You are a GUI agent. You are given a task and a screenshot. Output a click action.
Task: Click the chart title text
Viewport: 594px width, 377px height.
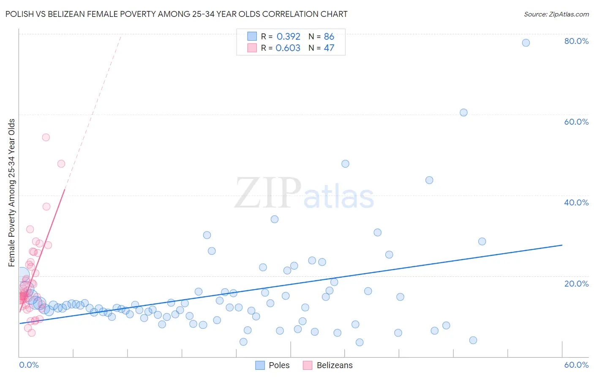[176, 14]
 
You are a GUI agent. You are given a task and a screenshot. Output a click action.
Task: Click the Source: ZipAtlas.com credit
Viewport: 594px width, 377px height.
[556, 14]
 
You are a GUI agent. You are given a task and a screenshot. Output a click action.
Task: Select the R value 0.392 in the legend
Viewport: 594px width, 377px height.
[288, 37]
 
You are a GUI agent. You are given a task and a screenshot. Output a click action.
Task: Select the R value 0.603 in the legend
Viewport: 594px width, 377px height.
[288, 48]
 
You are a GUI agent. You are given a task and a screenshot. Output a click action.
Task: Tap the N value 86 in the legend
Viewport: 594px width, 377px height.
[329, 37]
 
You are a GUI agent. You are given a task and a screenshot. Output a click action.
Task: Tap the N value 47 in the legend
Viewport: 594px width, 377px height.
[329, 48]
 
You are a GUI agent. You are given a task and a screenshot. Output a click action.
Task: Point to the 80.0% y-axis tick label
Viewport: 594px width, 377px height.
[576, 41]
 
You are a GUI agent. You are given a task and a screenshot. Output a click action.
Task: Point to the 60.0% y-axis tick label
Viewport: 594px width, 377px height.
[576, 122]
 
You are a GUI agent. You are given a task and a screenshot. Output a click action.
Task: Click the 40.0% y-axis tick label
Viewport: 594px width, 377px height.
[576, 202]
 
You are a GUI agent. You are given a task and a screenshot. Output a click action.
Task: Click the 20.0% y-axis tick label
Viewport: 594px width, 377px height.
[576, 283]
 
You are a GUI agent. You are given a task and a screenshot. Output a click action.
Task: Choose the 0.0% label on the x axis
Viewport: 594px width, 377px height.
[29, 365]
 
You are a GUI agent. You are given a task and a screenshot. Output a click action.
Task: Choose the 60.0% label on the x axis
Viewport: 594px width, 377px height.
[576, 365]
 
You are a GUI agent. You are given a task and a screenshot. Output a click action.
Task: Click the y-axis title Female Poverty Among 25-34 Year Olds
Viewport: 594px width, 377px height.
[12, 193]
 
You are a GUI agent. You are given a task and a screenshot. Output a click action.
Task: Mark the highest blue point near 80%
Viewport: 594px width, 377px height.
[526, 43]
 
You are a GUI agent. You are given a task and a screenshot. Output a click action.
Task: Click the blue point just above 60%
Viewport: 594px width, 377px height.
[463, 112]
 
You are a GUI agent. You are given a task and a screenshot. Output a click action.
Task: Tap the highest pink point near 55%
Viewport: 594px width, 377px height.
[46, 137]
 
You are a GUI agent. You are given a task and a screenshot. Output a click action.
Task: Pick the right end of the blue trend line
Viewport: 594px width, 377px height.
[562, 245]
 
